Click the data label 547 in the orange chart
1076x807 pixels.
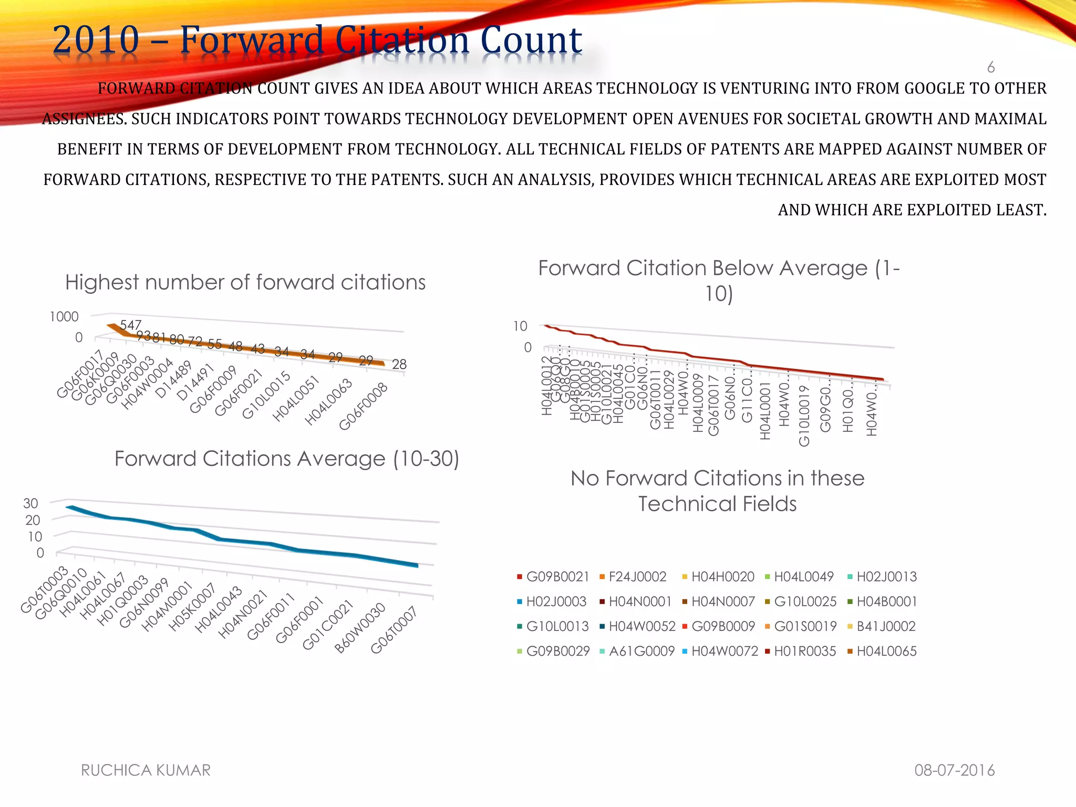(x=130, y=325)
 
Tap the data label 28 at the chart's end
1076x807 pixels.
(x=399, y=364)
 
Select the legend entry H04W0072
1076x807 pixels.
(x=725, y=651)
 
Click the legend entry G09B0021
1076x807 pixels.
(x=557, y=577)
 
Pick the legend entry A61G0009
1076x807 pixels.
(x=642, y=651)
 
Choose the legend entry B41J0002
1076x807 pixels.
(x=886, y=626)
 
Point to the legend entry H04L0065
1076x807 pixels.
(x=886, y=651)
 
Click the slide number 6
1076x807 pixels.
(x=990, y=67)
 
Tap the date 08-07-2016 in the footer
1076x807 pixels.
(x=954, y=770)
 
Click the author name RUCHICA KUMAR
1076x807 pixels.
(x=146, y=770)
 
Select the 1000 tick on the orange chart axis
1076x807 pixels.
(x=64, y=317)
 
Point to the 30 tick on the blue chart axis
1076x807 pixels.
(x=30, y=503)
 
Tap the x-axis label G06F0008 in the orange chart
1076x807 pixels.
(x=364, y=406)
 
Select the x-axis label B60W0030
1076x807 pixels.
(x=360, y=628)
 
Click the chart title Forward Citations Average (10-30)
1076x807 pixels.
(x=286, y=459)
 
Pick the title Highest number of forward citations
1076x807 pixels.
(x=245, y=283)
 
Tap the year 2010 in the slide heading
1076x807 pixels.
(x=96, y=40)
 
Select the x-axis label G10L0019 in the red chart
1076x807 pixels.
(x=804, y=415)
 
